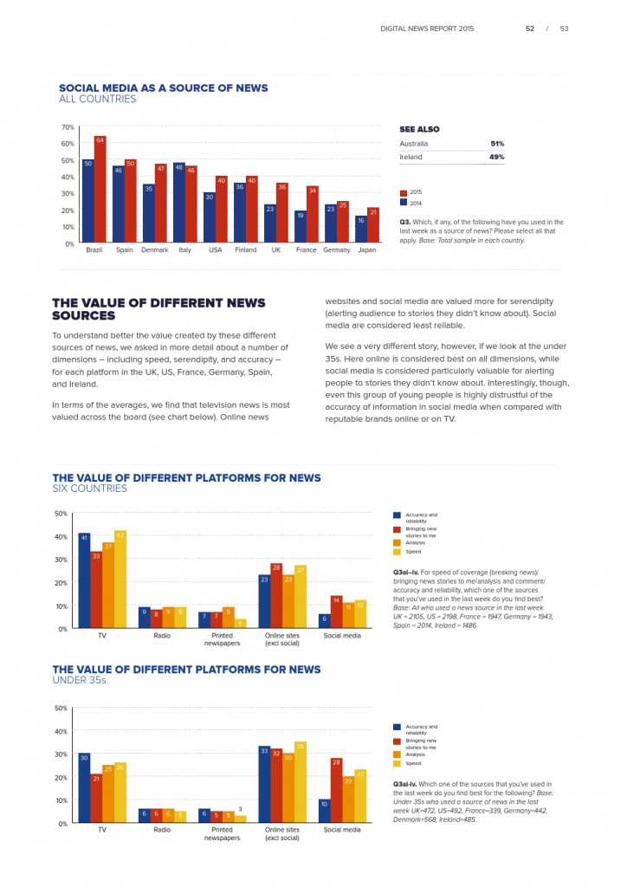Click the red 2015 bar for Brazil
[x=100, y=190]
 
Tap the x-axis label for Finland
[x=245, y=250]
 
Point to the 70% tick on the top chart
[x=68, y=127]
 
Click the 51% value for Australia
[x=496, y=144]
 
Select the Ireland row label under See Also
[x=410, y=157]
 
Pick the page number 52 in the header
[x=529, y=29]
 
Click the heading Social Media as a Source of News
[x=163, y=87]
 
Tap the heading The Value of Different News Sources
[x=158, y=309]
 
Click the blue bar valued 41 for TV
[x=84, y=580]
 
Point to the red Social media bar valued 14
[x=337, y=612]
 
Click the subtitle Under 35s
[x=79, y=681]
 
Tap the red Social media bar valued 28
[x=337, y=790]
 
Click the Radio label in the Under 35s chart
[x=162, y=830]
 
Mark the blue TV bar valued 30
[x=84, y=787]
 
